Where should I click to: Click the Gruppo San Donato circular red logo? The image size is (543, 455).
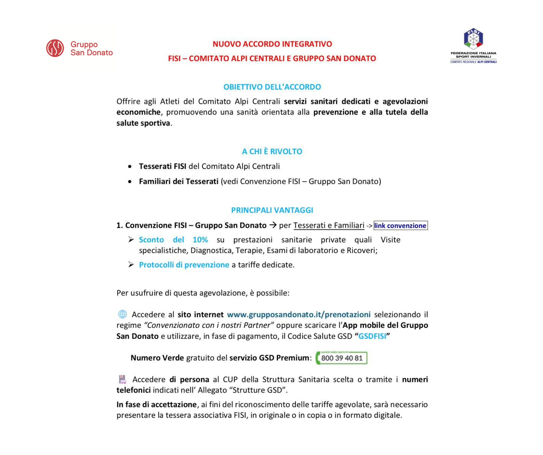pos(55,48)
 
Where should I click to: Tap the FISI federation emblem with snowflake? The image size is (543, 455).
pos(473,39)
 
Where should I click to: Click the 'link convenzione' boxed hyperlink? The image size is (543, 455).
pos(400,225)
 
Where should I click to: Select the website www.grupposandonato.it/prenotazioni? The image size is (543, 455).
pos(298,314)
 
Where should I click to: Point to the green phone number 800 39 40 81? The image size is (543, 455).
pos(341,358)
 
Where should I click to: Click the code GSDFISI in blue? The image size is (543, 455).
pos(372,336)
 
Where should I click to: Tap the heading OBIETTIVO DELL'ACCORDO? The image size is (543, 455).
pos(272,87)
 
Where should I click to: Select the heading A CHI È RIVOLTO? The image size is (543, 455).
pos(272,151)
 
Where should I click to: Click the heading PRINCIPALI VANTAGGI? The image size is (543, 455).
pos(272,210)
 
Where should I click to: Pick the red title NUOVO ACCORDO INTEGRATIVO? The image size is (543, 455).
pos(272,44)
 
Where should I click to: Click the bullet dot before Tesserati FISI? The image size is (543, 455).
pos(130,167)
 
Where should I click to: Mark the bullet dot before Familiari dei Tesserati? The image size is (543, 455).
pos(130,182)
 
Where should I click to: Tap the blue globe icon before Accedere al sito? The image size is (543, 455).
pos(122,314)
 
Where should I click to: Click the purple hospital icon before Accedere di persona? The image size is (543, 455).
pos(122,379)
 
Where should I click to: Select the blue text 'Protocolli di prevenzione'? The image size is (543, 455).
pos(184,265)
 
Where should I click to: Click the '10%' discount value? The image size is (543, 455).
pos(200,240)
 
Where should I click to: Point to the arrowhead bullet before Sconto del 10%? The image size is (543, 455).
pos(131,240)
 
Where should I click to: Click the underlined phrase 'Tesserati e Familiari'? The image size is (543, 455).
pos(329,225)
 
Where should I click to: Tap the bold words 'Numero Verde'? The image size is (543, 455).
pos(157,358)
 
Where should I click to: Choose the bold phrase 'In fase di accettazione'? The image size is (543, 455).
pos(156,404)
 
